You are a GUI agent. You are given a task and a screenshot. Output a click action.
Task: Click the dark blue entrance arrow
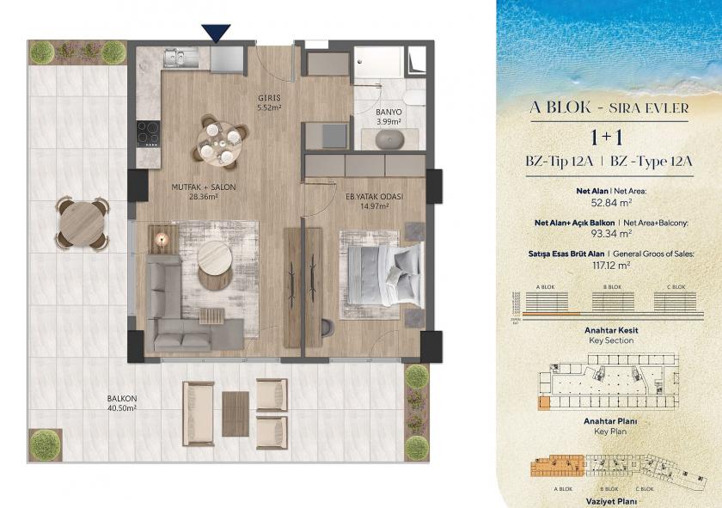pos(217,33)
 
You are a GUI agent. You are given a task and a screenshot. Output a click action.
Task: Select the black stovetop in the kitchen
pos(148,133)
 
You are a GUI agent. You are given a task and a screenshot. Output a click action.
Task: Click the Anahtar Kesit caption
pos(609,330)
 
